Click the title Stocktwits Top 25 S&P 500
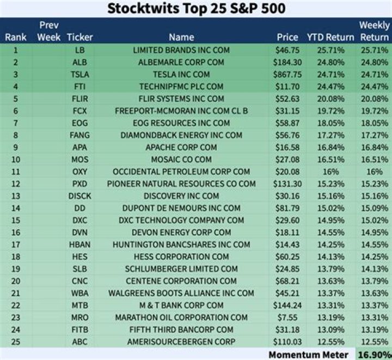coord(196,9)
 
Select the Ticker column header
coord(79,38)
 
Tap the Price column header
coord(287,38)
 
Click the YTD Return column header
coord(330,38)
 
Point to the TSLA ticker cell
coord(79,75)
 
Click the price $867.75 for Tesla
coord(288,75)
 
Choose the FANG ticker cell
coord(79,135)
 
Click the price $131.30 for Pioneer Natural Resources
coord(287,184)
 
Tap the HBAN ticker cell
coord(79,245)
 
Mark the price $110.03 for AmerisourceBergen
coord(287,341)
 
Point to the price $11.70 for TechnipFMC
coord(288,87)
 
